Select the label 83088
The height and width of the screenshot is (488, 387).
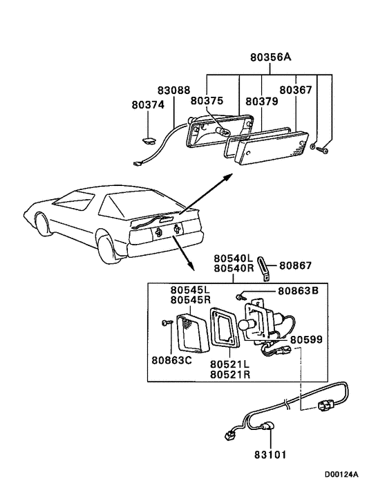tap(174, 91)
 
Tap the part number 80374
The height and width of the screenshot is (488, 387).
tap(148, 105)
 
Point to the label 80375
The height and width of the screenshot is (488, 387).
tap(207, 100)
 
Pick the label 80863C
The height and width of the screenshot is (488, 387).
tap(171, 360)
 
